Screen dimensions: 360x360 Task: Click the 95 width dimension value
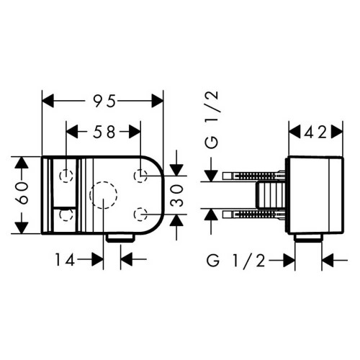pos(104,102)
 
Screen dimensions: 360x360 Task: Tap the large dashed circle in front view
pos(103,195)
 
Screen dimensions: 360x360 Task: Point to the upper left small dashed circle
pos(66,175)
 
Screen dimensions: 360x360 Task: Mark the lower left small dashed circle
pos(66,214)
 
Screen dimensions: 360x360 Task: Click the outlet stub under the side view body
pos(309,238)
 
